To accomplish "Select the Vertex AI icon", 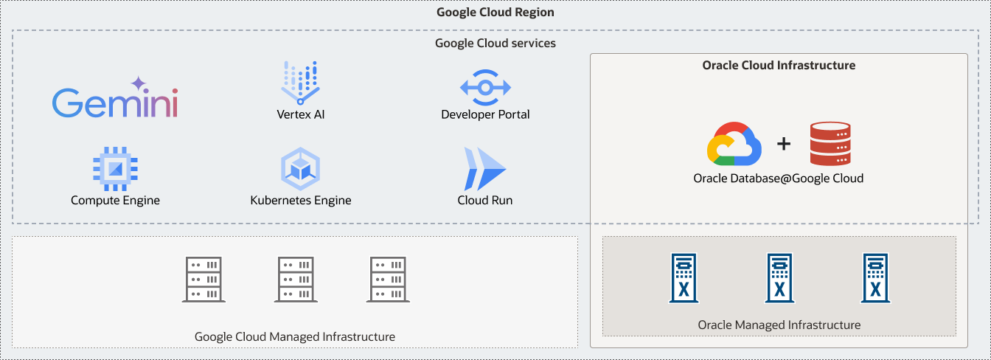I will point(300,81).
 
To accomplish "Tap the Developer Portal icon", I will point(485,87).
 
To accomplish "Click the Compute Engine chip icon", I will point(115,169).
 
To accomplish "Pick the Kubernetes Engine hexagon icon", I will point(300,169).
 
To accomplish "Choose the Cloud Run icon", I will point(484,169).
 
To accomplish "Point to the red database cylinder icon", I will point(830,144).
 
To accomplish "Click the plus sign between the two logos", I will point(784,144).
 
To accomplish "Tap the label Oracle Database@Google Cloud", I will point(778,179).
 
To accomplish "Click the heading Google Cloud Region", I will point(495,13).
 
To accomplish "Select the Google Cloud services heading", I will point(495,44).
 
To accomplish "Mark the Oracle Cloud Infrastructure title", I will point(779,66).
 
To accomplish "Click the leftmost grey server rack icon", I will point(202,280).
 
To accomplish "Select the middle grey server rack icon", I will point(295,280).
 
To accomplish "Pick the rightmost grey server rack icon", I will point(387,280).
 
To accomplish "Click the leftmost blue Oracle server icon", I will point(684,278).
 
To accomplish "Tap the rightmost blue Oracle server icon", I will point(875,278).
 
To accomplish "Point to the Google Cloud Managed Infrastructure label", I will point(295,337).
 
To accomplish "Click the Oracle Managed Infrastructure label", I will point(779,325).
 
